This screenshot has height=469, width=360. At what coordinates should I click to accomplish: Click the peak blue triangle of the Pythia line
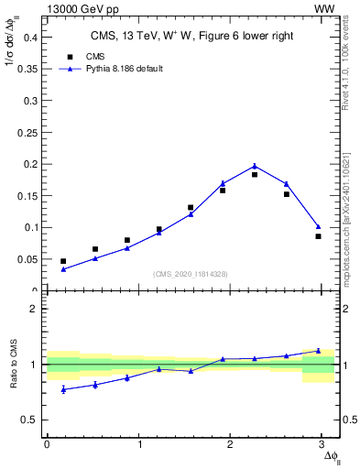click(x=255, y=166)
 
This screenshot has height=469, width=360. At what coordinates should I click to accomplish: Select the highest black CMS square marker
click(x=255, y=174)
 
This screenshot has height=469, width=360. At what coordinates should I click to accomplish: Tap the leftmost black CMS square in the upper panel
click(x=63, y=261)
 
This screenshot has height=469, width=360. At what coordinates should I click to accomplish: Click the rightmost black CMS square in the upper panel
click(x=318, y=236)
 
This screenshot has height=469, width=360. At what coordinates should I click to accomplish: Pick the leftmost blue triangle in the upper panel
click(x=63, y=269)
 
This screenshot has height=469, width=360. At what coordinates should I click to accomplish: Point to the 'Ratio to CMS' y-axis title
click(x=13, y=365)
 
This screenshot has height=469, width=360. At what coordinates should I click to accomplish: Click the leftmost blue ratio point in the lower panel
click(x=63, y=389)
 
